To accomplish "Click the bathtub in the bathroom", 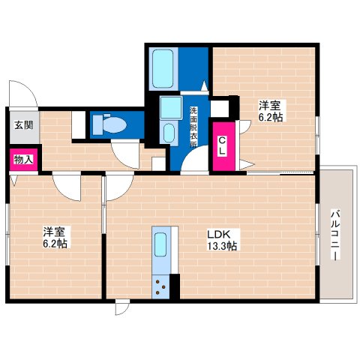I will point(163,68).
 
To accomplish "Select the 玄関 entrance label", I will point(19,125).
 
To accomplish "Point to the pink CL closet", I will point(223,148).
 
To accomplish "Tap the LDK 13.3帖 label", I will point(222,239).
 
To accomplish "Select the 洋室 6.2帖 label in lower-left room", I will point(55,238).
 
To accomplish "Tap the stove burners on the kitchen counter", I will point(161,284).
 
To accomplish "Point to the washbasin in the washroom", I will point(169,134).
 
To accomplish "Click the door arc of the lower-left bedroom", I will point(67,187).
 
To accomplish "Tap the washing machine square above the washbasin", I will point(169,108).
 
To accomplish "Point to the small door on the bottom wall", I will point(122,307).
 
